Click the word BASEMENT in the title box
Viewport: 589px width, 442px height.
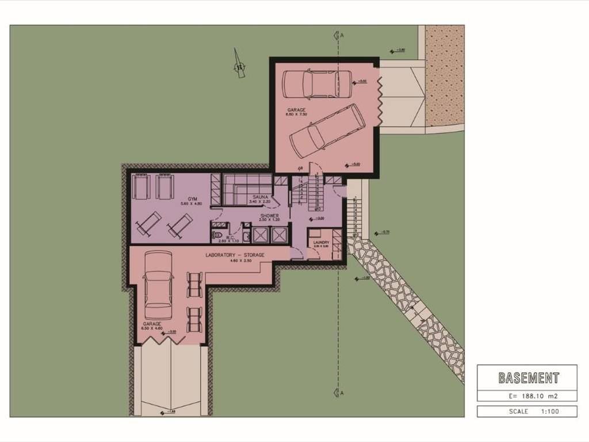(528, 378)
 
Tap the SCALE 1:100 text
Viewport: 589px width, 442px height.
(526, 411)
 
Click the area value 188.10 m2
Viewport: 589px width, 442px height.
(533, 396)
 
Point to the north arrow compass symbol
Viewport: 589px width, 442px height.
(239, 64)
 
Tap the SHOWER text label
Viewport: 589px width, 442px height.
(269, 216)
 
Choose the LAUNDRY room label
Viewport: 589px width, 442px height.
(322, 242)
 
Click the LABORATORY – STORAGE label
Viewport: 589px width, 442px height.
(235, 254)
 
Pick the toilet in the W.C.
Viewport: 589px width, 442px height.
(217, 235)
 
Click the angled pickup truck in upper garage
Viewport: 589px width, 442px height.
(327, 131)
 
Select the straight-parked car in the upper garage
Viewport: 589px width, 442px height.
(317, 84)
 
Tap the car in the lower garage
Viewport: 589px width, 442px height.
(158, 285)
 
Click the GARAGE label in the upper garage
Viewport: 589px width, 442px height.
(297, 109)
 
